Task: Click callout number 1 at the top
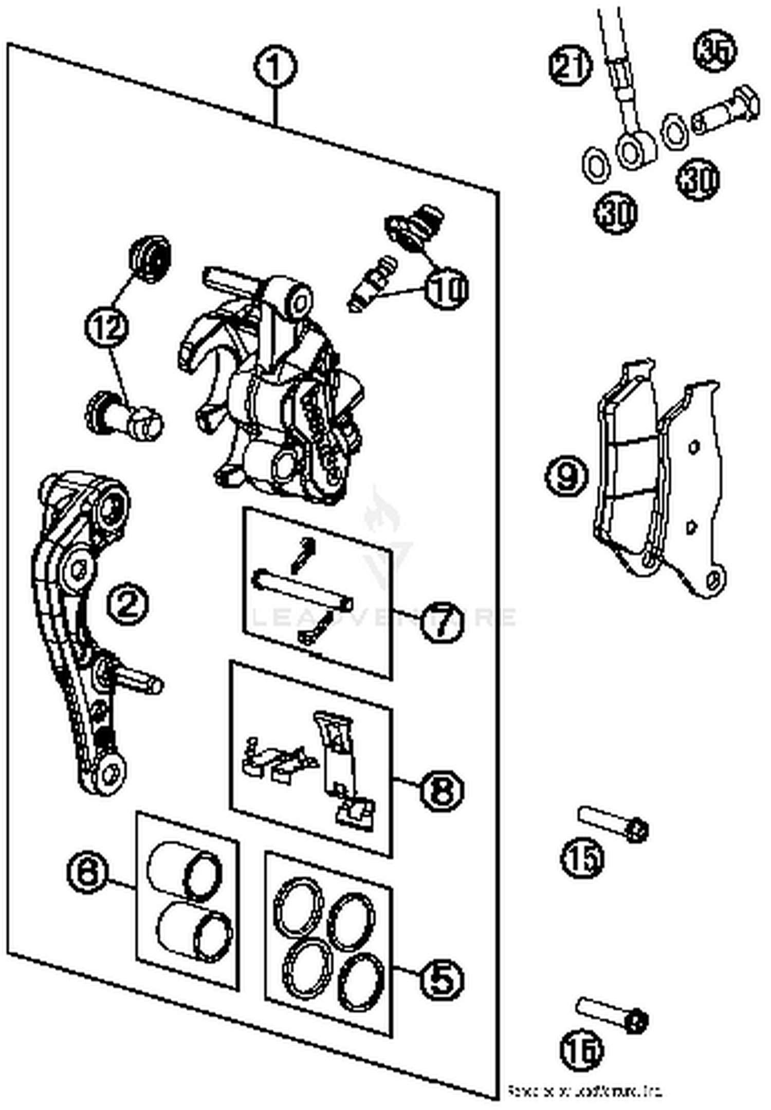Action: [x=276, y=67]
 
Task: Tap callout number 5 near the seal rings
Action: [x=442, y=979]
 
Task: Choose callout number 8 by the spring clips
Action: [x=442, y=790]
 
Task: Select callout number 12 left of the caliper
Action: [x=107, y=327]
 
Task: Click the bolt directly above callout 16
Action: [x=612, y=1014]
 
